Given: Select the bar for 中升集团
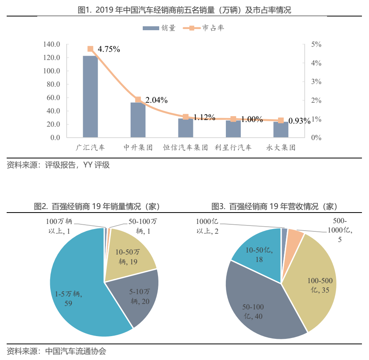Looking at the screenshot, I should (138, 120).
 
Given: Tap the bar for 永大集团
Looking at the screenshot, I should (281, 130).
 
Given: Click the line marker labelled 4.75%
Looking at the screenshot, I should (91, 49).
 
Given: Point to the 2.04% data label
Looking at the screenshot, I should (156, 100).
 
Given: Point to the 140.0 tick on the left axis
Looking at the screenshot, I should (52, 44).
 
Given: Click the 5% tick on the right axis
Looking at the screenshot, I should (316, 44).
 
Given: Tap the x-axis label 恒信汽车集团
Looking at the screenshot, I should (185, 148).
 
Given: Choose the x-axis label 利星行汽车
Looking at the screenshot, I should (233, 148).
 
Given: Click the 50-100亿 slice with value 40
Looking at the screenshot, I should (255, 310).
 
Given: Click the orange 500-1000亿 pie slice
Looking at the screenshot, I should (294, 234).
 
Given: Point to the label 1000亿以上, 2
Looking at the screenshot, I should (207, 226).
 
